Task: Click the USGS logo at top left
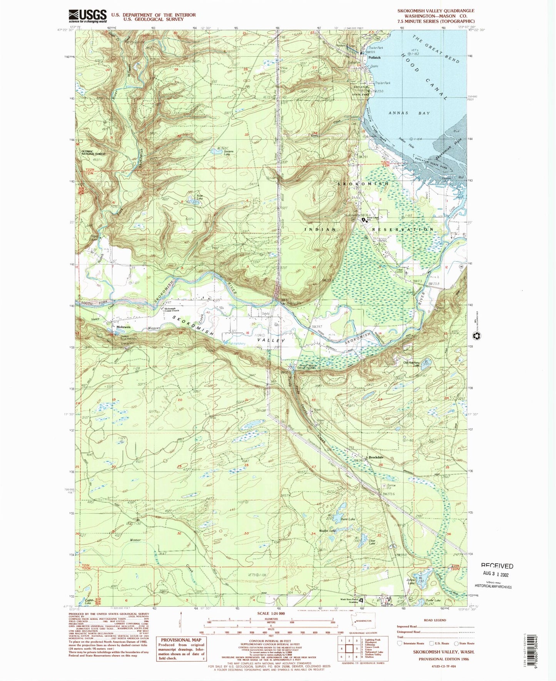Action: click(87, 16)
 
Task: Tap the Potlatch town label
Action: click(374, 58)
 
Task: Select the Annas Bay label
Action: click(403, 113)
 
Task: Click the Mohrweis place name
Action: click(124, 327)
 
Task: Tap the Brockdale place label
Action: click(376, 457)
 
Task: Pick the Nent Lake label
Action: click(348, 519)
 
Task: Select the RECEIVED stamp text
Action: click(497, 566)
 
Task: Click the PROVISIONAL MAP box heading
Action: click(180, 640)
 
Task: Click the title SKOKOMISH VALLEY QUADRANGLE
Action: click(436, 11)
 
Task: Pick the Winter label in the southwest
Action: click(135, 540)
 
